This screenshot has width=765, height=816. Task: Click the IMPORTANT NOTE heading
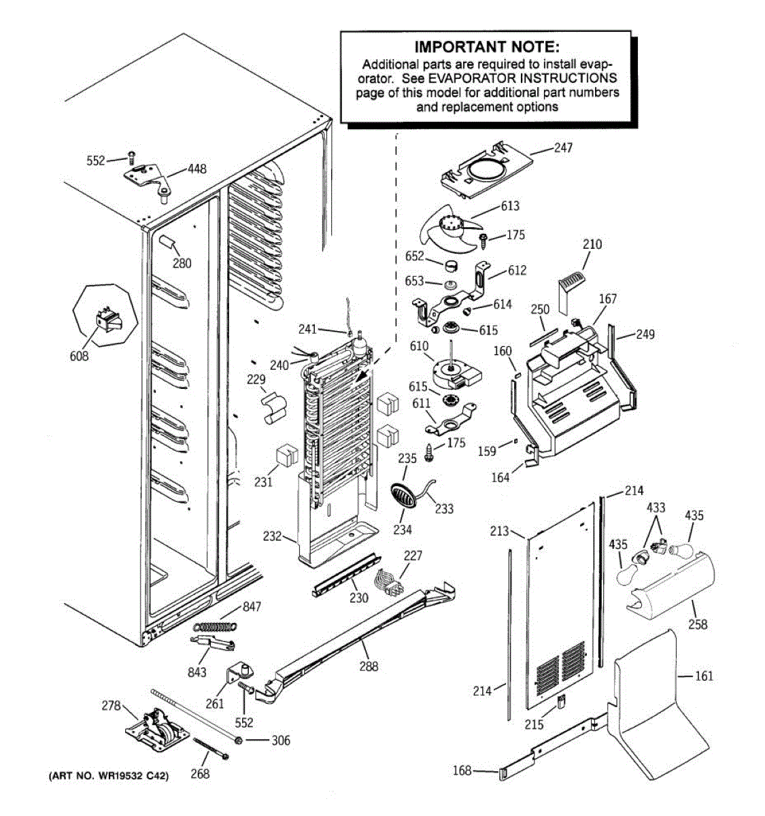[487, 47]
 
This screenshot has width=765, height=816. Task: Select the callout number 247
[563, 148]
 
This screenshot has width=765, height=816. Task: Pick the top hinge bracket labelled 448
[148, 181]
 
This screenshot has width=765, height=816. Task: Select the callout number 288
[369, 666]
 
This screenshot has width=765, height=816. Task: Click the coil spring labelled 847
[215, 626]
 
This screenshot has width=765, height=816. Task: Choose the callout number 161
[704, 676]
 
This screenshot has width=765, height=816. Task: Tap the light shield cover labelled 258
[670, 587]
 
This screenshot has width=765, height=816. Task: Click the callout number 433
[656, 507]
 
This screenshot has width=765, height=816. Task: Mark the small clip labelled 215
[561, 703]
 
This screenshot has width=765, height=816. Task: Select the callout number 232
[272, 537]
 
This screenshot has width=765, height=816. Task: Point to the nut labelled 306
[237, 741]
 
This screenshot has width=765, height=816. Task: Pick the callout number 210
[592, 244]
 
